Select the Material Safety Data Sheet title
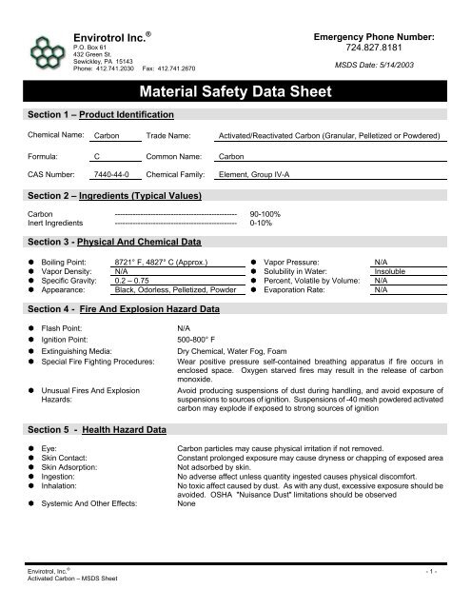(235, 92)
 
